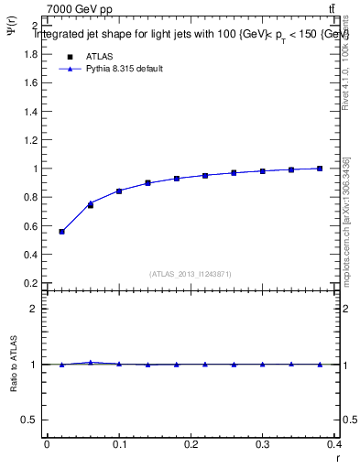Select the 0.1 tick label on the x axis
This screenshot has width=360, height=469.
click(x=119, y=444)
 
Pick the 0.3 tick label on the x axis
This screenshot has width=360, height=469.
click(x=263, y=444)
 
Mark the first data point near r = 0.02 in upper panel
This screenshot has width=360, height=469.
click(x=61, y=232)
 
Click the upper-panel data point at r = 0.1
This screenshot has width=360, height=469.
click(x=119, y=191)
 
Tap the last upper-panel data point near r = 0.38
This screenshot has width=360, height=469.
click(x=320, y=169)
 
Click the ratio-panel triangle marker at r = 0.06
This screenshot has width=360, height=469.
click(x=90, y=363)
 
